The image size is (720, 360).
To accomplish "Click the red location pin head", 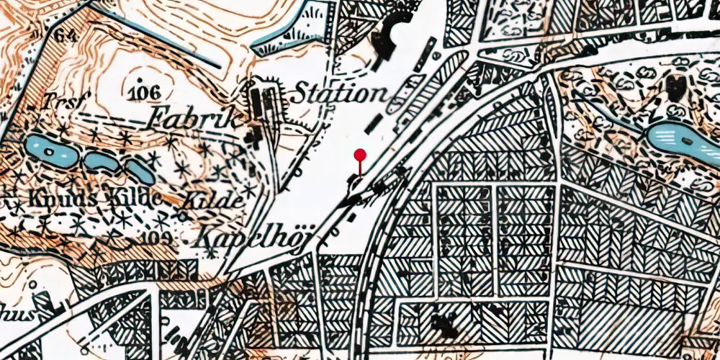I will [360, 155].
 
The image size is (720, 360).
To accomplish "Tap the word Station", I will [338, 93].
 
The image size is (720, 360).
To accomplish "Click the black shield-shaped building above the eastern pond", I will [676, 86].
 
